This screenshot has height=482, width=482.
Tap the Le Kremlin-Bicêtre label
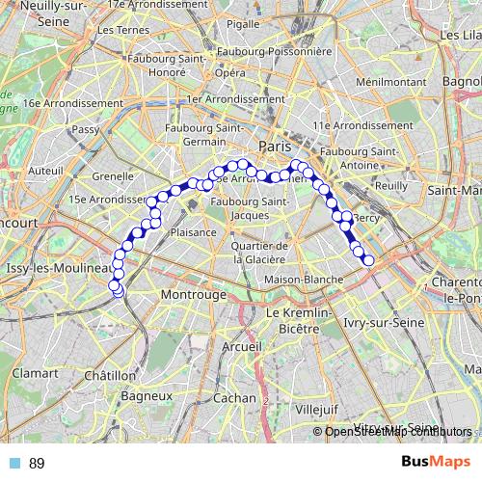point(299,321)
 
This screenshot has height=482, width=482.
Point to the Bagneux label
point(147,395)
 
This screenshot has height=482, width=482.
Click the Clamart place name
point(36,371)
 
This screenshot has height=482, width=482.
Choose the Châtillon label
point(110,375)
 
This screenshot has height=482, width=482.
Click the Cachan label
point(234,396)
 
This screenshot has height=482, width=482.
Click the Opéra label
point(229,72)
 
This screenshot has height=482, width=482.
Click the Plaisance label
point(193,232)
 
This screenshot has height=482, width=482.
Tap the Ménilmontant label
point(384,82)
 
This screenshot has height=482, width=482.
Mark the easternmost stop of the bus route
point(367,260)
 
